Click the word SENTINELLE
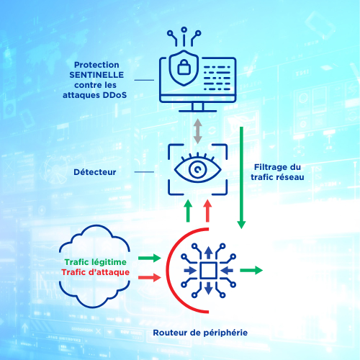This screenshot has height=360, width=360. point(96,75)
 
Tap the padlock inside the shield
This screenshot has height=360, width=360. point(184,66)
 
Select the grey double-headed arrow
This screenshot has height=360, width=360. point(197,131)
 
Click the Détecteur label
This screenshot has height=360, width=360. point(95,172)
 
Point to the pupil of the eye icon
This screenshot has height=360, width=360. point(197,169)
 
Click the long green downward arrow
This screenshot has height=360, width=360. point(241,178)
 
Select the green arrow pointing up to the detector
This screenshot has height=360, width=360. point(188,211)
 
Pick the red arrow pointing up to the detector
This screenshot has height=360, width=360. point(207,211)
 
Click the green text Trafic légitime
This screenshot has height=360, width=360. point(96,262)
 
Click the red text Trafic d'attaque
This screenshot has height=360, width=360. point(96,272)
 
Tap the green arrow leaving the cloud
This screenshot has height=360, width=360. point(150,258)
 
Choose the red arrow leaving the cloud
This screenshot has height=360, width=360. point(150,277)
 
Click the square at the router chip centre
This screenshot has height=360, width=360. point(209,271)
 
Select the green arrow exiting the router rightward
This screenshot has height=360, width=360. point(251,270)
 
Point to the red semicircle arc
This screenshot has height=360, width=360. point(168,271)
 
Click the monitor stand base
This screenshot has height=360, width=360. point(198,111)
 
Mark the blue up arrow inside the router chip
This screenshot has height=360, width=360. point(209,253)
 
